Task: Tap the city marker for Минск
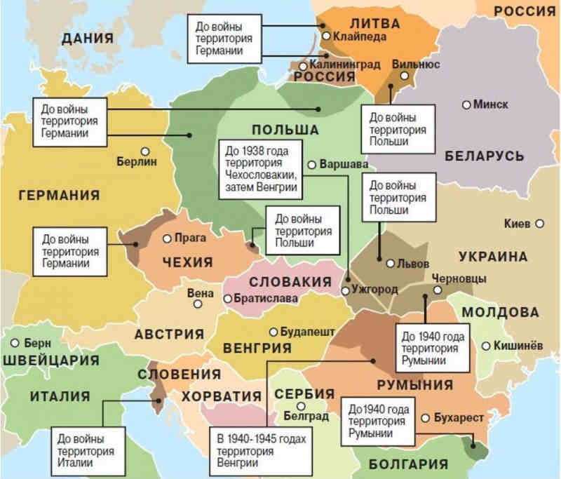(466, 104)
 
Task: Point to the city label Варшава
(344, 164)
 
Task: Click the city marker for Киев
(540, 224)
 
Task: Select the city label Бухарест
(459, 417)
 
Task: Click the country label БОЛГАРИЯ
(409, 464)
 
